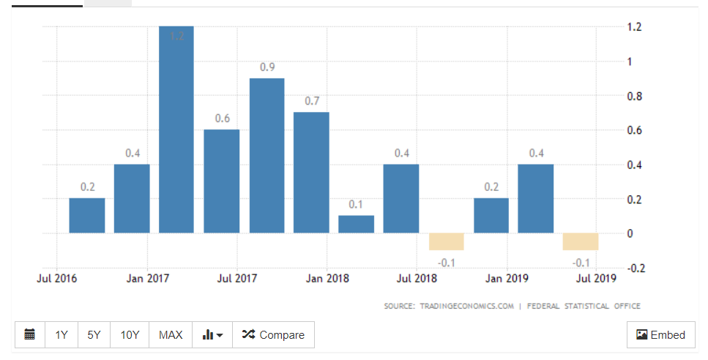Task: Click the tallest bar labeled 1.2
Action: point(176,132)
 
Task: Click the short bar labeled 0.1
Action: point(356,224)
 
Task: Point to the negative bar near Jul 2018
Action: point(446,241)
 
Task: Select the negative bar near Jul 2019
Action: point(581,241)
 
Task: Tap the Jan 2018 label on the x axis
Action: point(327,278)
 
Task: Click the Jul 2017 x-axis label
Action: point(237,278)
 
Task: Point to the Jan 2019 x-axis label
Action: point(507,278)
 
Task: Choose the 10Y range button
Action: point(130,334)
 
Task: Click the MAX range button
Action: point(171,334)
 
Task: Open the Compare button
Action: point(273,334)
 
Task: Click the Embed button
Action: point(660,334)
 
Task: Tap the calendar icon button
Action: point(29,334)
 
